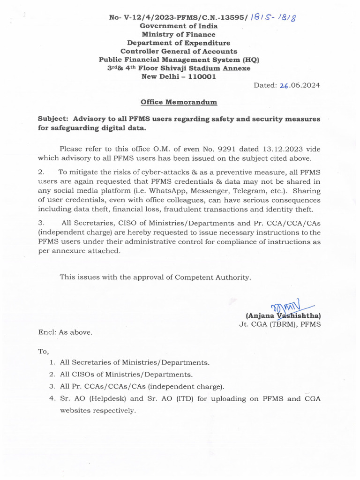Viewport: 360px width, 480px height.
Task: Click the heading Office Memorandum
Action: [179, 102]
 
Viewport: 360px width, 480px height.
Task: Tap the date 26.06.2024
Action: [300, 85]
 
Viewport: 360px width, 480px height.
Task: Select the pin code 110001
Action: [199, 76]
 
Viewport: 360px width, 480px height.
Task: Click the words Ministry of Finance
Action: [179, 34]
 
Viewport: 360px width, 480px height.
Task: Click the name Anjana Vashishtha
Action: [283, 316]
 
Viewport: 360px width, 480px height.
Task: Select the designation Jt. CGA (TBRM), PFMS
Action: [280, 324]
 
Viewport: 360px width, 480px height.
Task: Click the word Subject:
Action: [53, 119]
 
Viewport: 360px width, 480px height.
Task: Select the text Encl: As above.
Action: [65, 332]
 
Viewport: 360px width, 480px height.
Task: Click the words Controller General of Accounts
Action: [179, 51]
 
